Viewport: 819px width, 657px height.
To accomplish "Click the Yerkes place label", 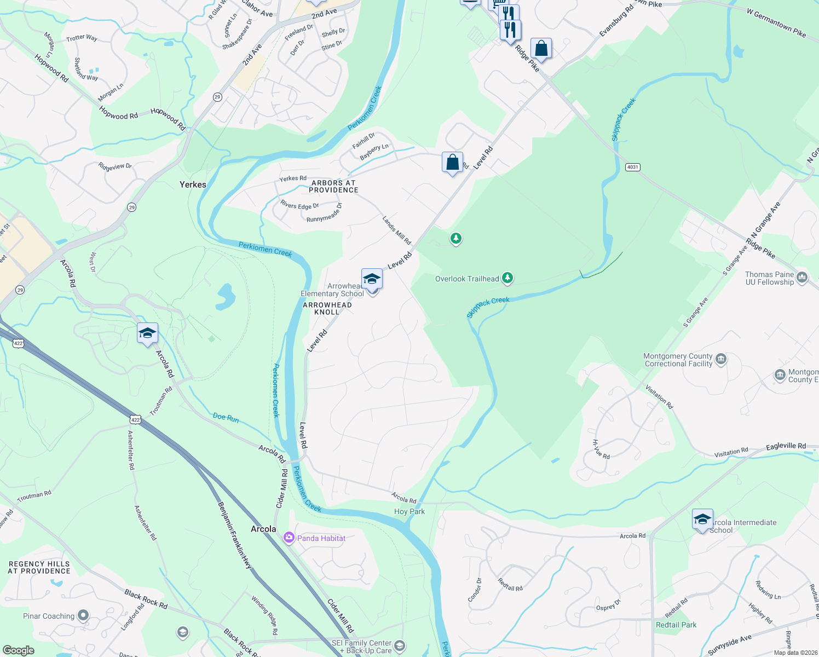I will point(193,185).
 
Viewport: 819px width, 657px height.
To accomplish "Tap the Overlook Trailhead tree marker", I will point(507,278).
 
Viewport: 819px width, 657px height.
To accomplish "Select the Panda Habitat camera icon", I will point(289,538).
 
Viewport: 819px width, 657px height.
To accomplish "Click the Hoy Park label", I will point(409,511).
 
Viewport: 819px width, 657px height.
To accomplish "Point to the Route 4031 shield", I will point(632,167).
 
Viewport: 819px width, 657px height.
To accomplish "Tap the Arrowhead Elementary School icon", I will point(372,279).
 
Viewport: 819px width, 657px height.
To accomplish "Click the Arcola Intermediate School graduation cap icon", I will point(702,519).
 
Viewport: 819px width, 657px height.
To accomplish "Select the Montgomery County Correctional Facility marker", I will point(721,359).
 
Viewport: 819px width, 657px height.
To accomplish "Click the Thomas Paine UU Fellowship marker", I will point(802,278).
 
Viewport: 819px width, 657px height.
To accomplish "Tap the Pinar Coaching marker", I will point(83,615).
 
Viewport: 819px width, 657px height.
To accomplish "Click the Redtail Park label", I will point(676,625).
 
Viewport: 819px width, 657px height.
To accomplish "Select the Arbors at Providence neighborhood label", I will point(333,187).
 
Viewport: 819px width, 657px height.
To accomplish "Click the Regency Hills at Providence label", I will point(39,567).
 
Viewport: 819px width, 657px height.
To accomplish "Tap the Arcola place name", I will point(263,529).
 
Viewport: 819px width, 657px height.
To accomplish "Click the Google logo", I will point(18,650).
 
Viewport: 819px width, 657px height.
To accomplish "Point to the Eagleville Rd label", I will point(786,446).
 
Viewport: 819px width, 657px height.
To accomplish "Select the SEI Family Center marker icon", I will point(400,646).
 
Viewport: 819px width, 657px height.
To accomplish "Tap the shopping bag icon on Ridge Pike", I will point(540,48).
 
